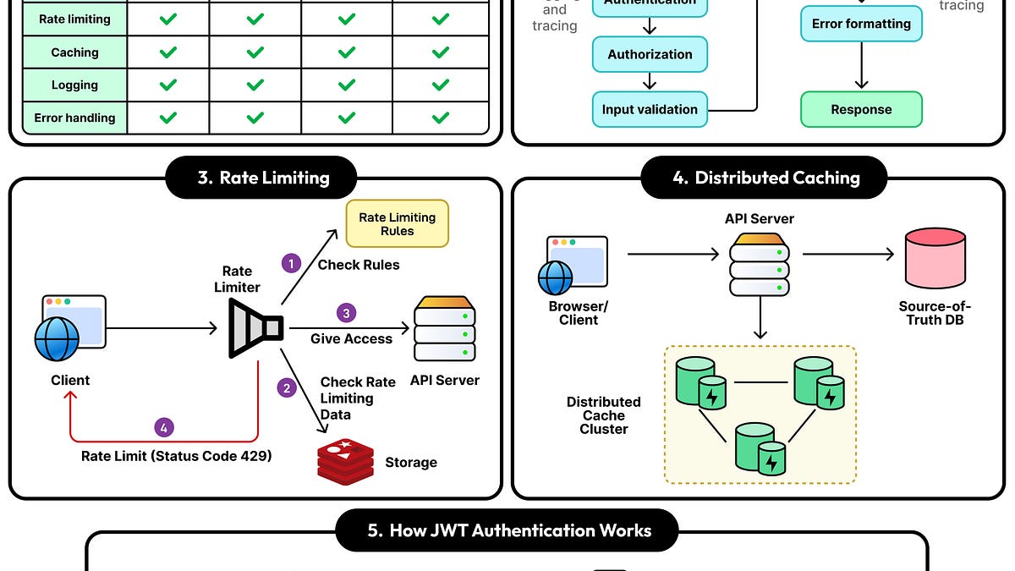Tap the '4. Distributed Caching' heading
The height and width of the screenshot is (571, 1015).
click(764, 178)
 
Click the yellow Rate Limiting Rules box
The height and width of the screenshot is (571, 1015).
click(397, 224)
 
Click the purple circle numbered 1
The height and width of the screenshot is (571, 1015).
click(291, 264)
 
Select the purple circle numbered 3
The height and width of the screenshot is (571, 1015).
click(345, 313)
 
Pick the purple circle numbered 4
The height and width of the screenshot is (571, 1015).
click(164, 426)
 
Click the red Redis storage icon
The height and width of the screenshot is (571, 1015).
click(345, 462)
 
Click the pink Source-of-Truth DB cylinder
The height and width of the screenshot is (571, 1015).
click(935, 258)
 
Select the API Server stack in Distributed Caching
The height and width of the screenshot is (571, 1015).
click(760, 266)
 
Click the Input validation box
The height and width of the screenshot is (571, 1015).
click(650, 109)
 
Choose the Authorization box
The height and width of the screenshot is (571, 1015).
click(650, 54)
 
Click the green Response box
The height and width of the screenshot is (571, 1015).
click(861, 109)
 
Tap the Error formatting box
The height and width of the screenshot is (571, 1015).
click(861, 24)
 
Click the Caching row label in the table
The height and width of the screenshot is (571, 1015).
click(74, 52)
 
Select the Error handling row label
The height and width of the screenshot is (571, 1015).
click(74, 118)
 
